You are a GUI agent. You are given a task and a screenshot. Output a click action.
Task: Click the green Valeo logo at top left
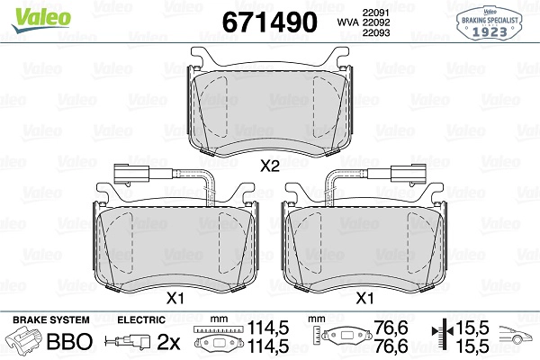41,20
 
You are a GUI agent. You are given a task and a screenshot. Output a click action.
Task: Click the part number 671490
270,22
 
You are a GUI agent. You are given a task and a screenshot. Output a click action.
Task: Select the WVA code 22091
375,13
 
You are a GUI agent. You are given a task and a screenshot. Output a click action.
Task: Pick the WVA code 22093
376,32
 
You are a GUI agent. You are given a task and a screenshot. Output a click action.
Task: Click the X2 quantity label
270,166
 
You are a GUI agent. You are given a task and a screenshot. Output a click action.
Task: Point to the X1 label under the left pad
175,298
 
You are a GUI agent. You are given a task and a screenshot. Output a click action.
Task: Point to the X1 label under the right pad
364,298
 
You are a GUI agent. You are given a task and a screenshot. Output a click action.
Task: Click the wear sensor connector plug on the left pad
131,173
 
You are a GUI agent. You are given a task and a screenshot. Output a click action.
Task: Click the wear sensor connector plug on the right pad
409,173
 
